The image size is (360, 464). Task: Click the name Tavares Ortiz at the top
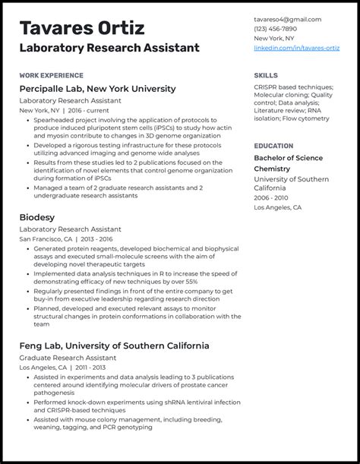pos(81,28)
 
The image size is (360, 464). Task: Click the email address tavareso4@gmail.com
pos(287,20)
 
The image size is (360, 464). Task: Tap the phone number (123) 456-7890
pos(275,29)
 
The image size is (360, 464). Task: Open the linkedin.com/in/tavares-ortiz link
pos(296,48)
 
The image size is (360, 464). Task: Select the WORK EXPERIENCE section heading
pos(52,76)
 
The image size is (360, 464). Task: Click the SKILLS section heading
pos(266,76)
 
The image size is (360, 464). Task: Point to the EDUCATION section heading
pos(273,146)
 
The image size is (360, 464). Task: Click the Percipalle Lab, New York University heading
pos(97,89)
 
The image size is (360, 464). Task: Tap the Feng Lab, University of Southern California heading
pos(114,346)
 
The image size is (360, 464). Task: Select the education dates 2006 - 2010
pos(271,197)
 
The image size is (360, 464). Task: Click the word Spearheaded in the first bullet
pos(55,120)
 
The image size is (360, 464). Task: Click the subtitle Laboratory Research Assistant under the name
pos(109,48)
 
